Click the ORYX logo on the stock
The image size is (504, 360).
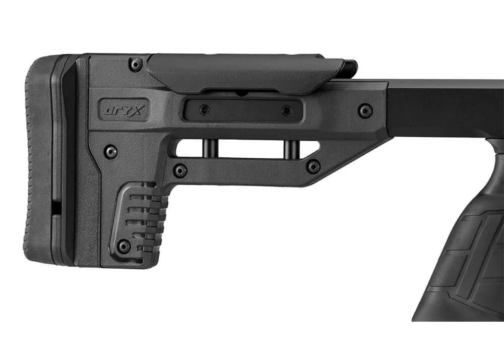pyautogui.click(x=123, y=110)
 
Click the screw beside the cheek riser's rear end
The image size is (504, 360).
pyautogui.click(x=136, y=65)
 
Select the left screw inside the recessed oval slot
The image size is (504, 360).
pyautogui.click(x=204, y=110)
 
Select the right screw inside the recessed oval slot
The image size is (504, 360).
pyautogui.click(x=286, y=111)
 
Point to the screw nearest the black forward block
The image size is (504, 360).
pyautogui.click(x=365, y=111)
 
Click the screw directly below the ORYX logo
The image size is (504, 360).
pyautogui.click(x=111, y=151)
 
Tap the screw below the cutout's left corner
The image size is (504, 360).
pyautogui.click(x=180, y=170)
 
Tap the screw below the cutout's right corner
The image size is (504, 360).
pyautogui.click(x=313, y=167)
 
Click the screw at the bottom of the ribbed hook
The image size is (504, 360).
pyautogui.click(x=124, y=247)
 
